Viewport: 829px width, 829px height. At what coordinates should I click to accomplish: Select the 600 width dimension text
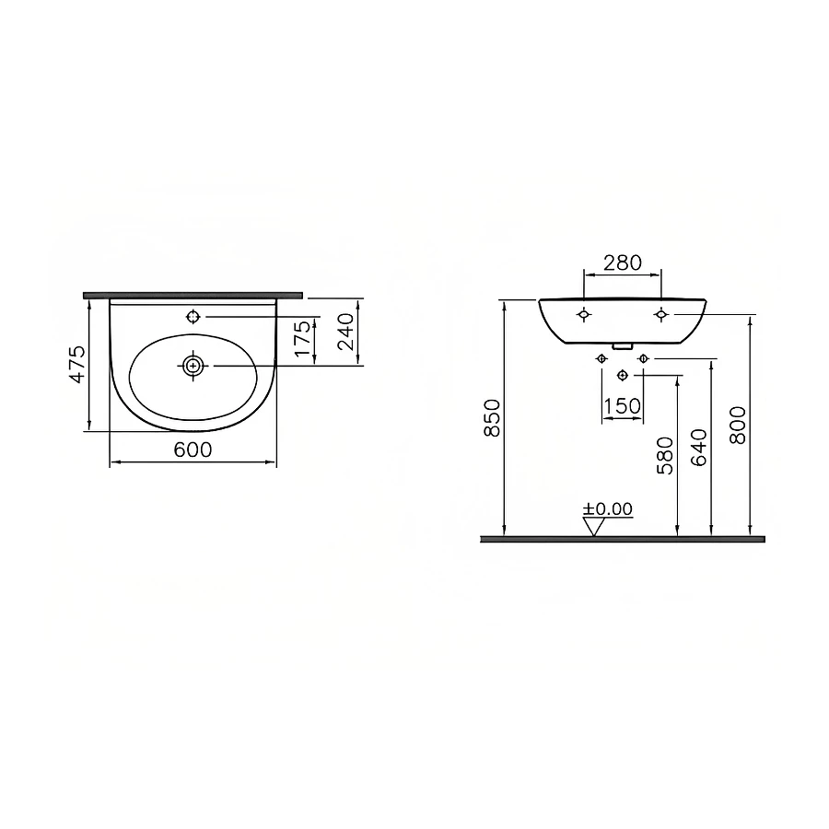pos(193,450)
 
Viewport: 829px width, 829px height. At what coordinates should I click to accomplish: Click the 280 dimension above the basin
pos(622,263)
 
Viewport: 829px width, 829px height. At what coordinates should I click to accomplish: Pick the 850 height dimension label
pos(493,417)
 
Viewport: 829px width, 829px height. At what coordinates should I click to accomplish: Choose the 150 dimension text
pos(622,406)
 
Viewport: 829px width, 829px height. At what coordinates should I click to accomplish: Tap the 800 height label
pos(738,425)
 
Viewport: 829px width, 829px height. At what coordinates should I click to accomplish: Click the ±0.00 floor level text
pos(607,508)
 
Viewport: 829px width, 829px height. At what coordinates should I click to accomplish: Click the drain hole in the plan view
pos(193,365)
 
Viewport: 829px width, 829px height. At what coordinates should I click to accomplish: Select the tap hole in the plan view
pos(193,317)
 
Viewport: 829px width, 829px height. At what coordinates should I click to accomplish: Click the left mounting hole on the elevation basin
pos(583,315)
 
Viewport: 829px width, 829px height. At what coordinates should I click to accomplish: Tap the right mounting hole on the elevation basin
pos(660,315)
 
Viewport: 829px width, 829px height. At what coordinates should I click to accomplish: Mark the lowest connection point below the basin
pos(623,375)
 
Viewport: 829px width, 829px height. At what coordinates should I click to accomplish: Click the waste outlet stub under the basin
pos(623,347)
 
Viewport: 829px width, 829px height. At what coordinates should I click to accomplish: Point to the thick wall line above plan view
pos(193,296)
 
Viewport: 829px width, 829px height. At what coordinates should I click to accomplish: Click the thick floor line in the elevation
pos(622,539)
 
